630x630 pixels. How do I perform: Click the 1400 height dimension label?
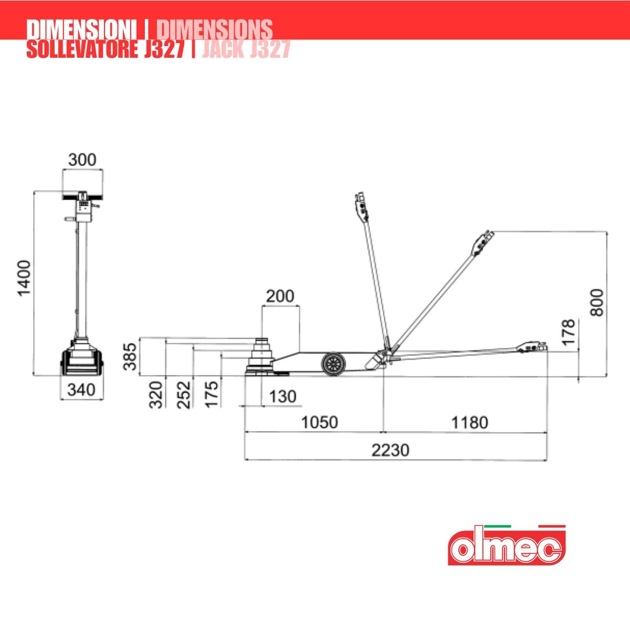tap(24, 278)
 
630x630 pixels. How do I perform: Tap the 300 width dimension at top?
tap(82, 160)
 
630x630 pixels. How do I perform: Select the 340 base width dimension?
tap(81, 390)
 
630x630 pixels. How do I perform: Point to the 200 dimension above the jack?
tap(280, 296)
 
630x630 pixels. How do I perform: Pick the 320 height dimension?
tap(155, 395)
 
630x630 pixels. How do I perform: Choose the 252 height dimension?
tap(184, 395)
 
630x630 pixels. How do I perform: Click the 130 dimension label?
tap(282, 396)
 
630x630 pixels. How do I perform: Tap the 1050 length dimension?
tap(319, 423)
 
